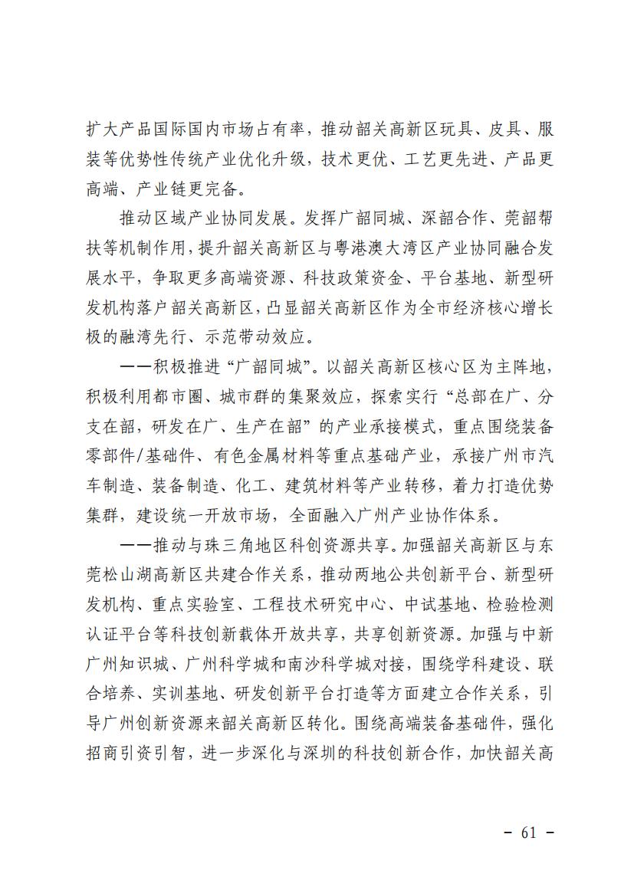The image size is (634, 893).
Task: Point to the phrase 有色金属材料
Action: tap(257, 454)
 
